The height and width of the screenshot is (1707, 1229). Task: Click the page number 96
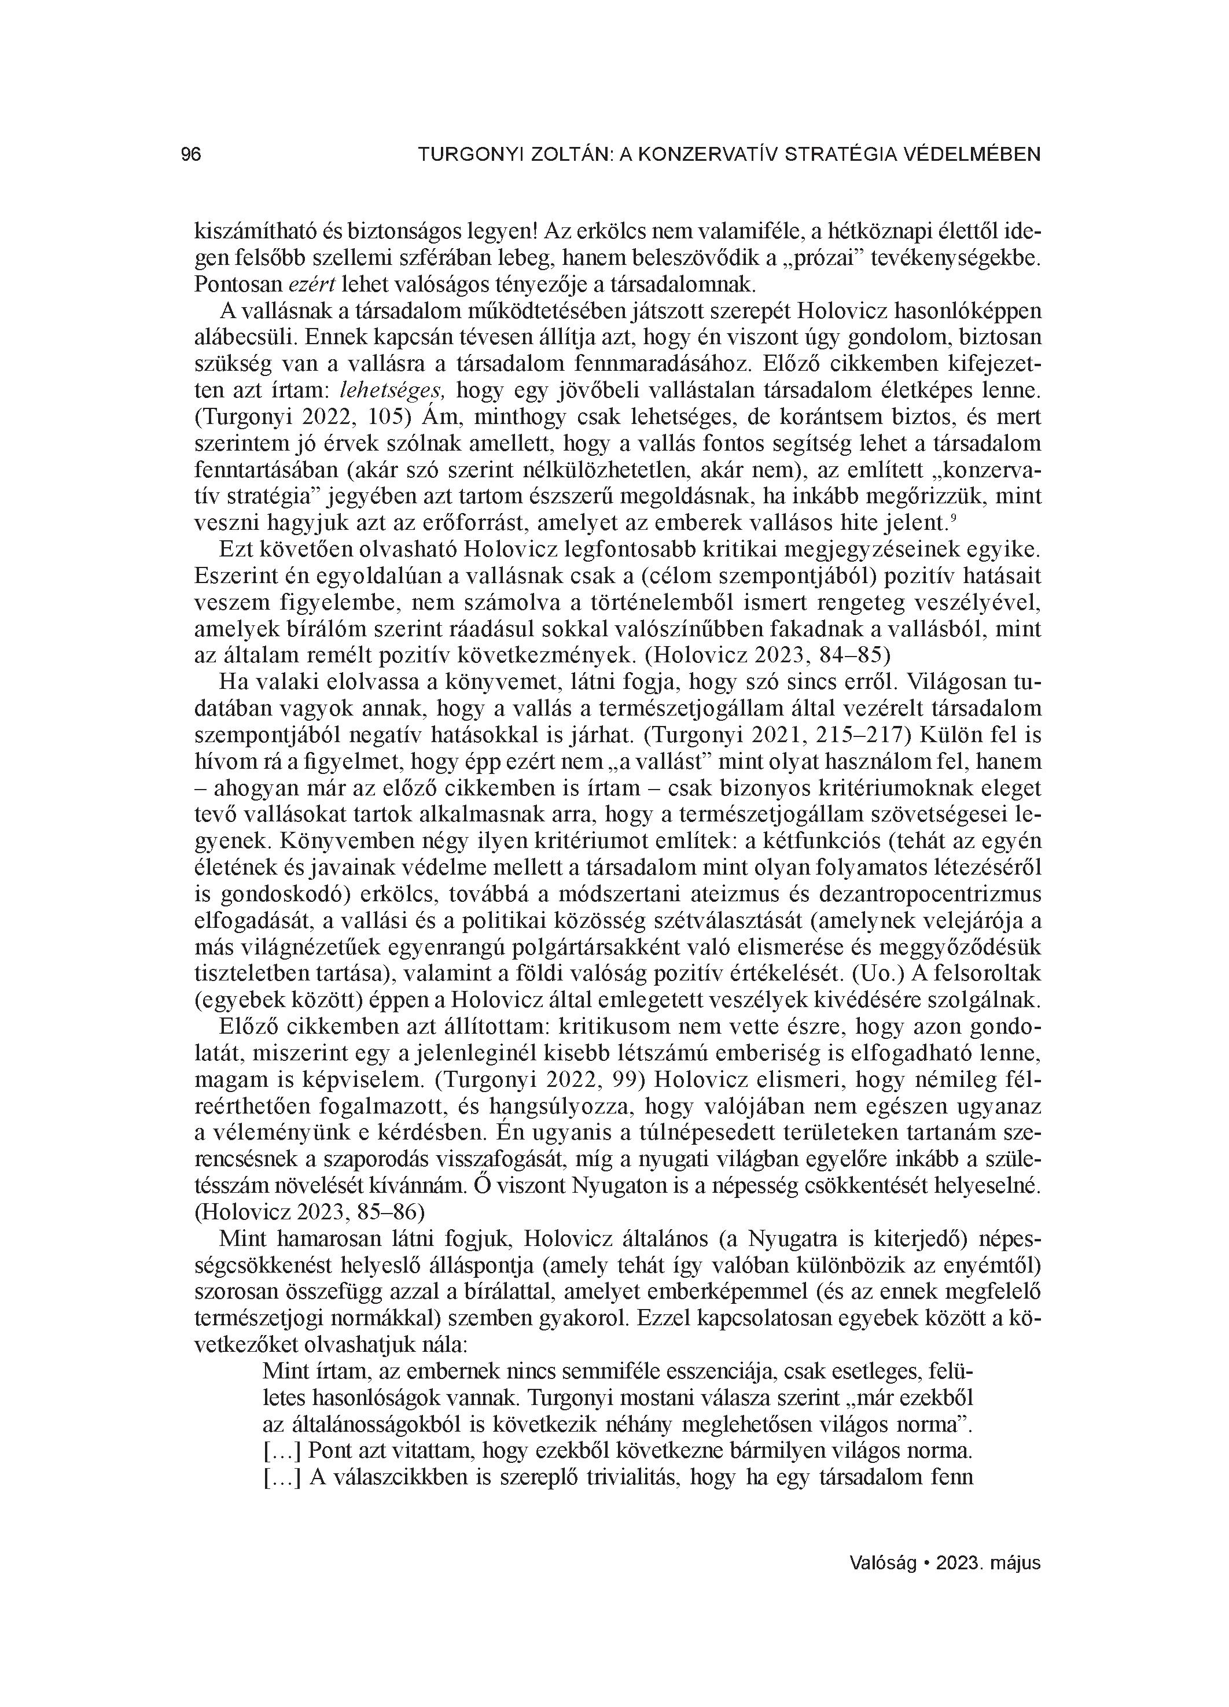pyautogui.click(x=192, y=155)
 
